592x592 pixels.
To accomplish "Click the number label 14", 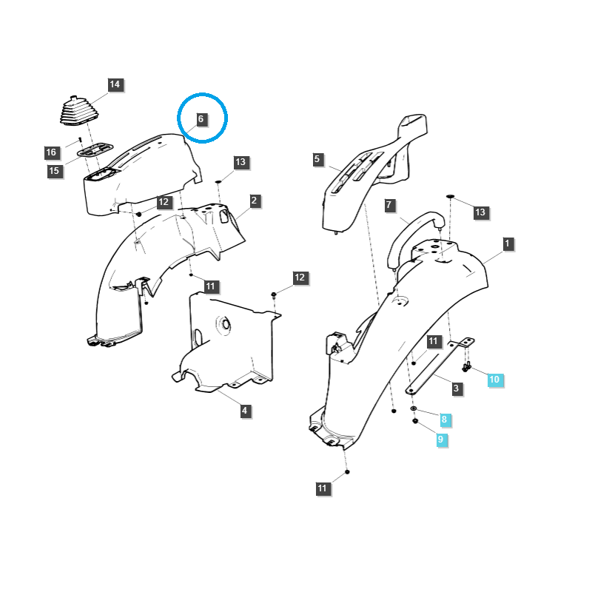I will click(115, 84).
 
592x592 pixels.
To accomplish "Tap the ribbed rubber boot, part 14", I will click(79, 112).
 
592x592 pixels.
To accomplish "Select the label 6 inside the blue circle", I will click(201, 118).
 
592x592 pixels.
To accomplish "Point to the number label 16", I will click(50, 152).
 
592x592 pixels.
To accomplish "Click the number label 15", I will click(54, 171).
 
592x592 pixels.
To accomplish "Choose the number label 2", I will click(254, 201).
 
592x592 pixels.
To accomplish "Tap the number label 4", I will click(245, 411).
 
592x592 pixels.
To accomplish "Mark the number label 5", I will click(317, 159).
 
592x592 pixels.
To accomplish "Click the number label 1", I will click(508, 243).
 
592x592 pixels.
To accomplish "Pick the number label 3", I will click(456, 388).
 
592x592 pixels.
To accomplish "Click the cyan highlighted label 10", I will click(494, 380).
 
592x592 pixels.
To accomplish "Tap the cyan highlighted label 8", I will click(444, 420).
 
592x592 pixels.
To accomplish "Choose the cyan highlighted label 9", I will click(440, 440).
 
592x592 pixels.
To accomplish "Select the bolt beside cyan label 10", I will click(466, 366).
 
